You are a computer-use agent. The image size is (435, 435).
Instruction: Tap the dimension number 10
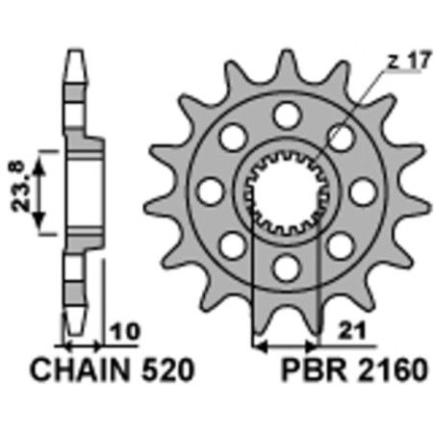coord(122,330)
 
